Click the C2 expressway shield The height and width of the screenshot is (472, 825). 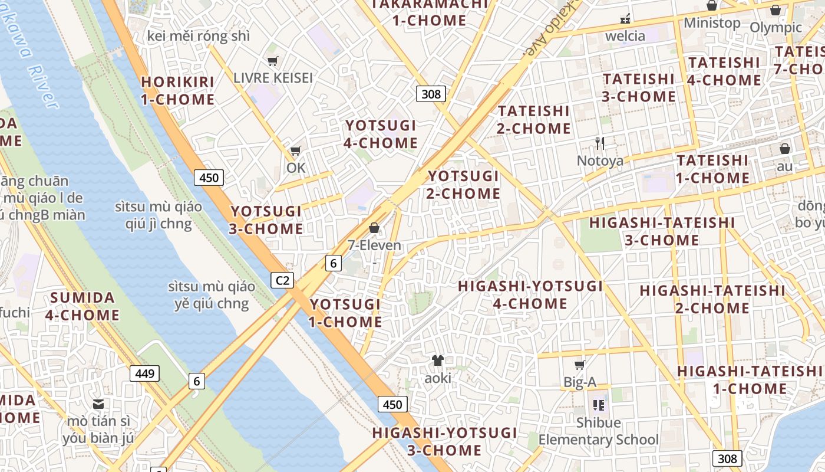click(x=282, y=280)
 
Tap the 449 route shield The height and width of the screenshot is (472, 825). click(x=144, y=373)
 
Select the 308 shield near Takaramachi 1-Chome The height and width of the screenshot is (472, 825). click(x=431, y=94)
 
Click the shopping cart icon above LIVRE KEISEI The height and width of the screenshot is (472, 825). click(x=272, y=61)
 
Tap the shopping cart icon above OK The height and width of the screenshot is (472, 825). click(x=295, y=151)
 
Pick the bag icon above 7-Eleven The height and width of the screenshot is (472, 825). click(x=374, y=228)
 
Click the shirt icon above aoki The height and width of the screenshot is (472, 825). click(x=437, y=360)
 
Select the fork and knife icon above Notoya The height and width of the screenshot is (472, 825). click(x=600, y=143)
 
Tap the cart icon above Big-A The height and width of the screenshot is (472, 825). click(x=580, y=365)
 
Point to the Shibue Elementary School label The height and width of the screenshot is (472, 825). click(x=599, y=431)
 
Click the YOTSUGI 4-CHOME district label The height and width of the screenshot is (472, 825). click(x=381, y=134)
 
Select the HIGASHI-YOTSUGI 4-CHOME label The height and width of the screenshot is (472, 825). click(x=530, y=295)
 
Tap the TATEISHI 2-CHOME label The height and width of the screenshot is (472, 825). click(x=534, y=120)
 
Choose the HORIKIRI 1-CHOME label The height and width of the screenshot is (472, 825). click(x=177, y=90)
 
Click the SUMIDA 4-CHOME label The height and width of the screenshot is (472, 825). click(x=82, y=306)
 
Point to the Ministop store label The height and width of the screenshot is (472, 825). click(x=712, y=23)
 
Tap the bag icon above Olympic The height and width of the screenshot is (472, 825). click(x=775, y=10)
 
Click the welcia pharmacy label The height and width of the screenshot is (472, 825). click(x=625, y=36)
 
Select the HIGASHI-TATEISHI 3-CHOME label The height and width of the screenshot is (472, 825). click(x=662, y=231)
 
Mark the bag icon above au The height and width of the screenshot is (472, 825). click(x=784, y=149)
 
